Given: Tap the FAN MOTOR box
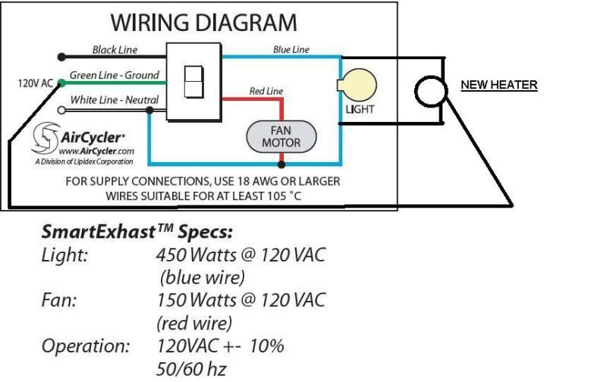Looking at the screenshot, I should (x=281, y=136).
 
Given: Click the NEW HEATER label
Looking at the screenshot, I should (x=499, y=86).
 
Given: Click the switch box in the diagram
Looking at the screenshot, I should (x=193, y=81).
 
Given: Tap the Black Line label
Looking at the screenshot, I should (x=114, y=50).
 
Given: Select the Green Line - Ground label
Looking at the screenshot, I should (x=115, y=75).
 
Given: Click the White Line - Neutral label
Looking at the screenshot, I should (x=115, y=100).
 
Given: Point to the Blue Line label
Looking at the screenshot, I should (x=291, y=49).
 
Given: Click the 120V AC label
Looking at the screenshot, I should (x=35, y=83).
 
